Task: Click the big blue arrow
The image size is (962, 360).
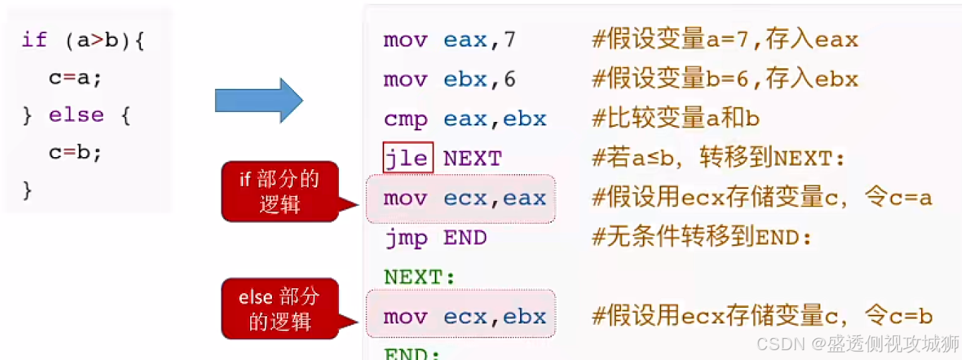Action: [x=258, y=101]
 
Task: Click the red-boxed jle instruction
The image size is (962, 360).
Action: [x=407, y=158]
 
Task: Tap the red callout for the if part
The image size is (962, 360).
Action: [x=279, y=191]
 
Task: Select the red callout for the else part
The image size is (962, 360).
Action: [x=279, y=309]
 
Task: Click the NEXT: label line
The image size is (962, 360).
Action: [x=420, y=278]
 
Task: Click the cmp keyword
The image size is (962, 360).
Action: [x=405, y=118]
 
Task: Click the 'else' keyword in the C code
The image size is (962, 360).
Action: [x=76, y=114]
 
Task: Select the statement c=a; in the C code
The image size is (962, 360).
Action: [x=75, y=77]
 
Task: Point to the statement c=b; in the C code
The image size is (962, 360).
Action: [x=75, y=151]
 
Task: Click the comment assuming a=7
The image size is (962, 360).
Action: [x=724, y=39]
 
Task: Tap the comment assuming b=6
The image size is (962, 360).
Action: [x=724, y=79]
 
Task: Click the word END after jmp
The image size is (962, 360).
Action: [x=465, y=238]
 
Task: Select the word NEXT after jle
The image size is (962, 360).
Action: [x=472, y=159]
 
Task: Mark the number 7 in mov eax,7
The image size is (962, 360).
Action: [x=509, y=39]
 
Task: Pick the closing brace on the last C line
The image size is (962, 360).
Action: [x=27, y=189]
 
